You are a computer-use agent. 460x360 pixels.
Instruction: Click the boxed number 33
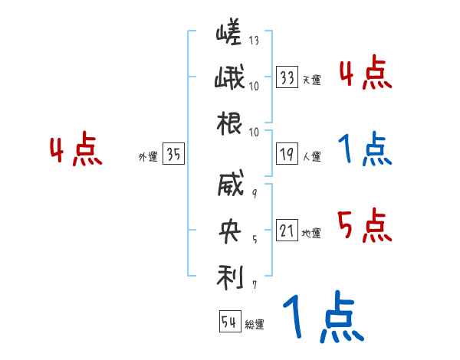click(287, 77)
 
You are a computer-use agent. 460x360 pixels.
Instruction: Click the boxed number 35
click(173, 155)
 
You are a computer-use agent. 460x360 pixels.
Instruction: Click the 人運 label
click(311, 156)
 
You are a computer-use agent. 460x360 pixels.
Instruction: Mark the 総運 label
click(254, 325)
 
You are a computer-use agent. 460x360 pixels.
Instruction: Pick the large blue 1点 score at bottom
click(321, 317)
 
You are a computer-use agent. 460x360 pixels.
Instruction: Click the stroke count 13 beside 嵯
click(254, 41)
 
